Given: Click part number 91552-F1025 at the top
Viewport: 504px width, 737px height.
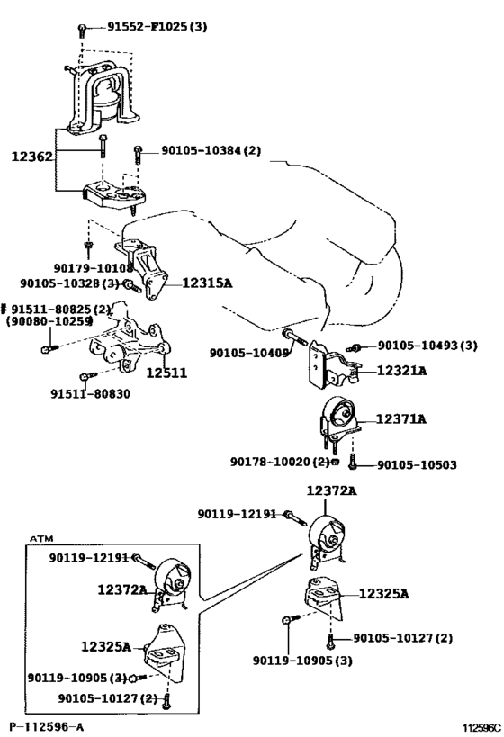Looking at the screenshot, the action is click(x=149, y=26).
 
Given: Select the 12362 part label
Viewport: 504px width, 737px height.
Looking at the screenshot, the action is click(x=32, y=157).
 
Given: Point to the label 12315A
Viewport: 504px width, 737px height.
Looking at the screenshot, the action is click(x=207, y=283).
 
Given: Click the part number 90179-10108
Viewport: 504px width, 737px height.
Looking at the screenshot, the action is click(x=94, y=268).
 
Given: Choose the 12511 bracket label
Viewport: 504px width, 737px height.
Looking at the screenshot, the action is click(x=166, y=373).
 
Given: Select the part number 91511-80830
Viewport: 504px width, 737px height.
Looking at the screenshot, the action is click(x=90, y=393).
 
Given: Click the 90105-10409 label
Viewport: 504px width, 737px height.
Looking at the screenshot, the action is click(x=249, y=353).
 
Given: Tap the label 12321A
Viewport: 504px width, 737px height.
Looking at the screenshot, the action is click(x=402, y=371).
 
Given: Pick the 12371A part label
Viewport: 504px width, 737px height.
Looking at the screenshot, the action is click(x=401, y=418).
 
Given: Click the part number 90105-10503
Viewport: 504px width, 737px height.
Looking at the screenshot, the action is click(x=417, y=465).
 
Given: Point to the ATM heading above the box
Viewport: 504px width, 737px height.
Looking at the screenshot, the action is click(x=41, y=539).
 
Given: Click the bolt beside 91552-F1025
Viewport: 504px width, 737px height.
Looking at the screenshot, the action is click(x=82, y=30).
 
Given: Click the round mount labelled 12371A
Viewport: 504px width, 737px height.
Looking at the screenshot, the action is click(x=339, y=419).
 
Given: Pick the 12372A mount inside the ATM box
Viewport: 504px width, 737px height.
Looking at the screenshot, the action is click(x=171, y=584).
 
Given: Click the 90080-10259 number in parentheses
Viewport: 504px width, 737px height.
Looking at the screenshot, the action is click(x=49, y=321).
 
